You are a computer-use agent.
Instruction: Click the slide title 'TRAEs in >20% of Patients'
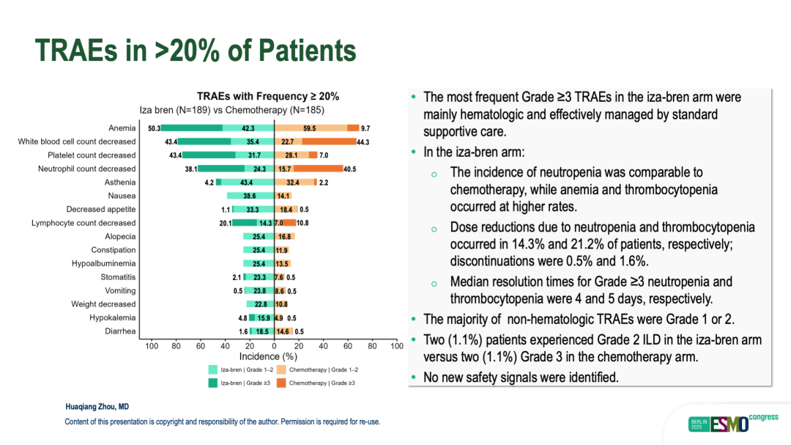[196, 51]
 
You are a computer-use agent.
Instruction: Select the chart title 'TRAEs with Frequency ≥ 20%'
[268, 96]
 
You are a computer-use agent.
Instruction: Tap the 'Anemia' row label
[122, 128]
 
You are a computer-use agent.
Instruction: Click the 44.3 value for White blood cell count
[362, 141]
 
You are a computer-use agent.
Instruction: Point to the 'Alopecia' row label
[120, 236]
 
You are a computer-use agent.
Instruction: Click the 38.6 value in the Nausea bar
[250, 196]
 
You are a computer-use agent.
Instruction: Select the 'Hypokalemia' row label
[112, 317]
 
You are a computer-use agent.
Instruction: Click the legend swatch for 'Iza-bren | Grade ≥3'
[213, 383]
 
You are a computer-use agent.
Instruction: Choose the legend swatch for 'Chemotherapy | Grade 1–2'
[282, 369]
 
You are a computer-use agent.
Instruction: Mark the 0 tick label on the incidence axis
[274, 345]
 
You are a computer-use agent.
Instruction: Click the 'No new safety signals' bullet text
[521, 378]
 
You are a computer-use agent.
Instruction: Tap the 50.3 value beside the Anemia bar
[154, 128]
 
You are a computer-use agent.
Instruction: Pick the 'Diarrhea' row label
[119, 331]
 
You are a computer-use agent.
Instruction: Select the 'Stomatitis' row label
[118, 277]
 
